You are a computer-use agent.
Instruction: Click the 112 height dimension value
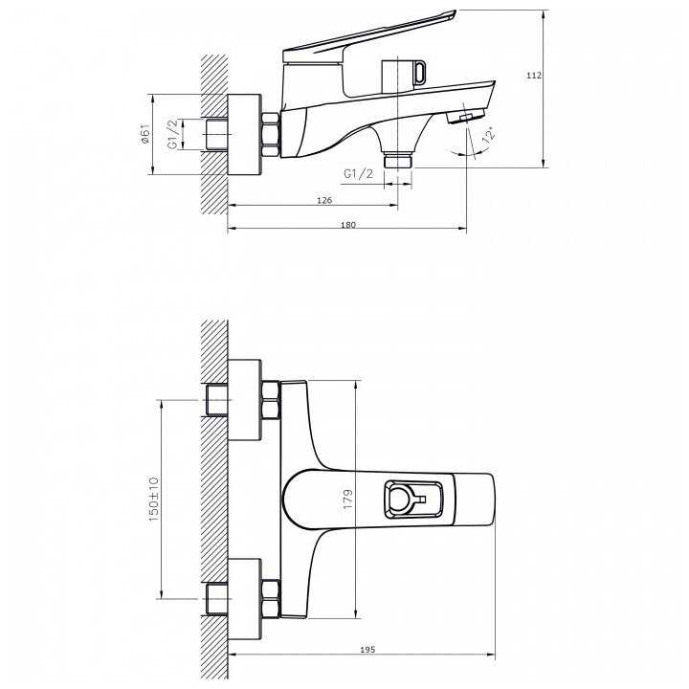click(x=534, y=76)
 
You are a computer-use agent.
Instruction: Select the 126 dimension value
click(x=324, y=200)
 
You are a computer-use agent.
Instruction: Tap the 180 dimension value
click(x=348, y=225)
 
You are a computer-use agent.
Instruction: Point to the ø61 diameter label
click(x=145, y=134)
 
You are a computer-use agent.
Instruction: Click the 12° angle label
click(x=489, y=134)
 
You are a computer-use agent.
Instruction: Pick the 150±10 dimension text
click(x=153, y=499)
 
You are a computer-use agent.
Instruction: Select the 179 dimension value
click(x=347, y=500)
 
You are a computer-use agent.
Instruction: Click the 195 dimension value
click(x=367, y=650)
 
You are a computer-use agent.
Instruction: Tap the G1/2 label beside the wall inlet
click(x=173, y=134)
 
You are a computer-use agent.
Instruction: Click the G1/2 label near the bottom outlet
click(x=359, y=174)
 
